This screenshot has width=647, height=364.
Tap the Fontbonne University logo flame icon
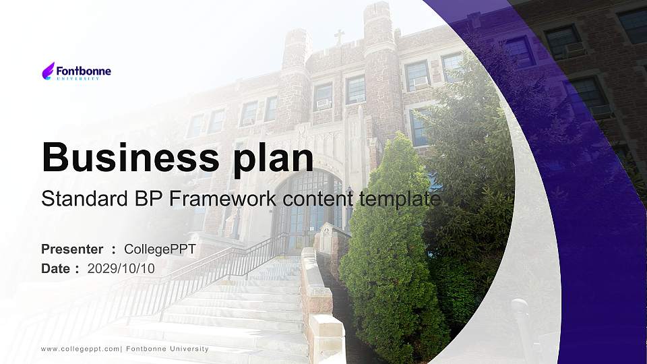coord(49,71)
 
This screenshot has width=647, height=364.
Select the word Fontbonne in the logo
coord(84,70)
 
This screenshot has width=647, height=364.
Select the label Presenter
coord(72,249)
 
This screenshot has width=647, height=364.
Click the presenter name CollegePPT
coord(160,249)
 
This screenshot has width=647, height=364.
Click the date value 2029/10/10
coord(121,268)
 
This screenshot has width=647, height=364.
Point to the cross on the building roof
coord(339,36)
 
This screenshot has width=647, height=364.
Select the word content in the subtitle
coord(319,199)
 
